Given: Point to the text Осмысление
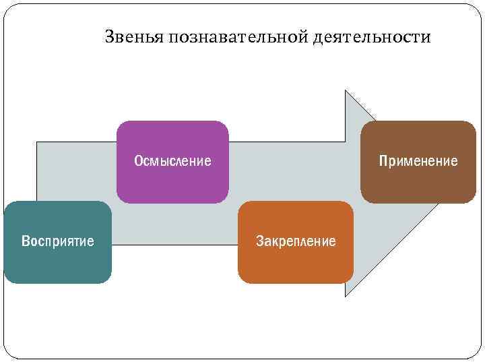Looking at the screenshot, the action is pos(172,161).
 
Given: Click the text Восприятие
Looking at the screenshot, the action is pos(58,241).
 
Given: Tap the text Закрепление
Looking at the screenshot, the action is pos(296,241).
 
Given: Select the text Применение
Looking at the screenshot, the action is pos(418,161).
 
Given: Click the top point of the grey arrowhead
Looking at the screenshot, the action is pos(346,91).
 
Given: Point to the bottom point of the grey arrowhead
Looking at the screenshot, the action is pos(346,296).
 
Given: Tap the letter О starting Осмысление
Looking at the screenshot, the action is pos(137,161).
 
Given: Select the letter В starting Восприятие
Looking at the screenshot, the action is pos(25,241).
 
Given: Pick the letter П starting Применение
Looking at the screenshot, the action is pos(383,161).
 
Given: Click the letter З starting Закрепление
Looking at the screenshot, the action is pos(259,241).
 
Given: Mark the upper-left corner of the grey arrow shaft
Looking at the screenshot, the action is pos(36,142).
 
